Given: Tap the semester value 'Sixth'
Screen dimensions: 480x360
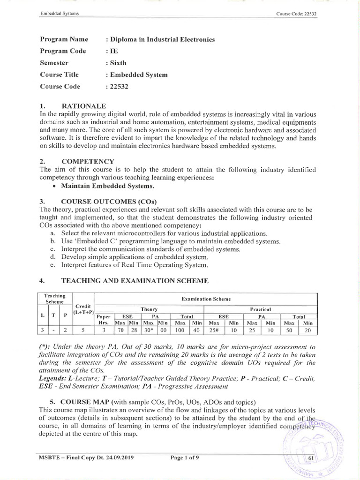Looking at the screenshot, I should [118, 63].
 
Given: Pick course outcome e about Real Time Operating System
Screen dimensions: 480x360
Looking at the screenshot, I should [135, 265].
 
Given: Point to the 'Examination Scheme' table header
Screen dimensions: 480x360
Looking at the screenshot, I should [206, 299].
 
